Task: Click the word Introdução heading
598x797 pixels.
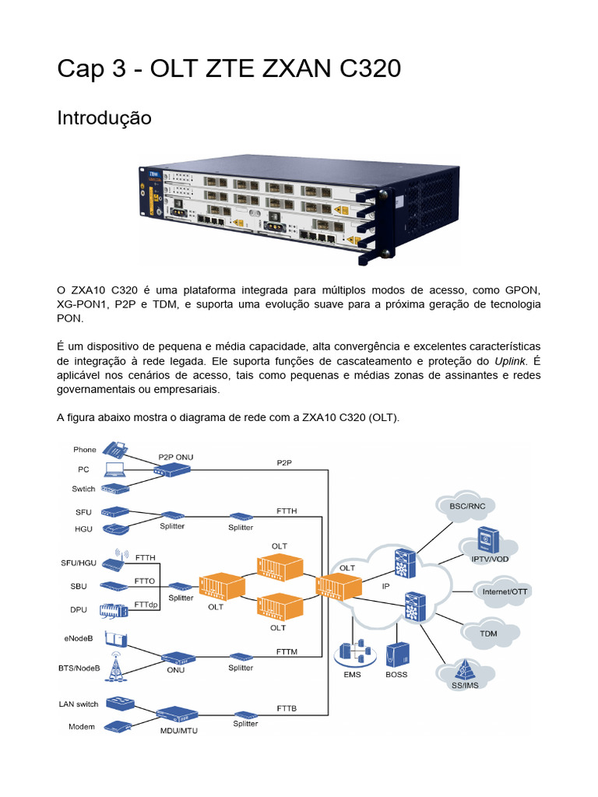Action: click(x=104, y=118)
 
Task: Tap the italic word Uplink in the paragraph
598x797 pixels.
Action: click(x=511, y=361)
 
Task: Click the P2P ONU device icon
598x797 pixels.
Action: click(x=172, y=469)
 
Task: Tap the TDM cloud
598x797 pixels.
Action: click(x=488, y=632)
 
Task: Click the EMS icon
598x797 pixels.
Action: click(x=353, y=654)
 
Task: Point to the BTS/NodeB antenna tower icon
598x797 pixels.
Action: click(x=114, y=664)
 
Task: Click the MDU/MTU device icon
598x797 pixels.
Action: click(x=178, y=714)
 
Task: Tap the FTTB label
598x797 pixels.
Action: click(x=287, y=708)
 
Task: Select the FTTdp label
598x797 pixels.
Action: click(x=146, y=604)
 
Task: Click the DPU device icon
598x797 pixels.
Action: click(x=114, y=609)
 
